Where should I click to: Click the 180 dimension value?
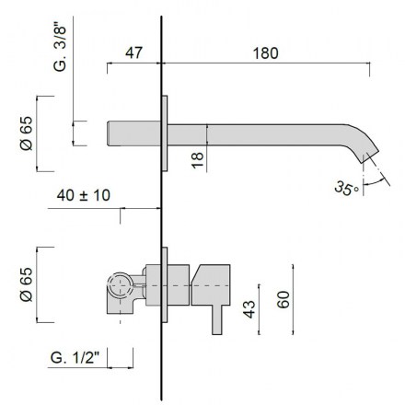266,53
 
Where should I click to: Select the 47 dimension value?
133,52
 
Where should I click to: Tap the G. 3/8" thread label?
60,47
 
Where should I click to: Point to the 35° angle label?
346,188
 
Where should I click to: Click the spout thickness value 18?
198,160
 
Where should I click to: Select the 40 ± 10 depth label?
84,195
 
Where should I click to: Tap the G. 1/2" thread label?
75,357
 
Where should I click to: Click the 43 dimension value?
249,309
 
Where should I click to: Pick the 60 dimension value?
283,299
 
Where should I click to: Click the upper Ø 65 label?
26,133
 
